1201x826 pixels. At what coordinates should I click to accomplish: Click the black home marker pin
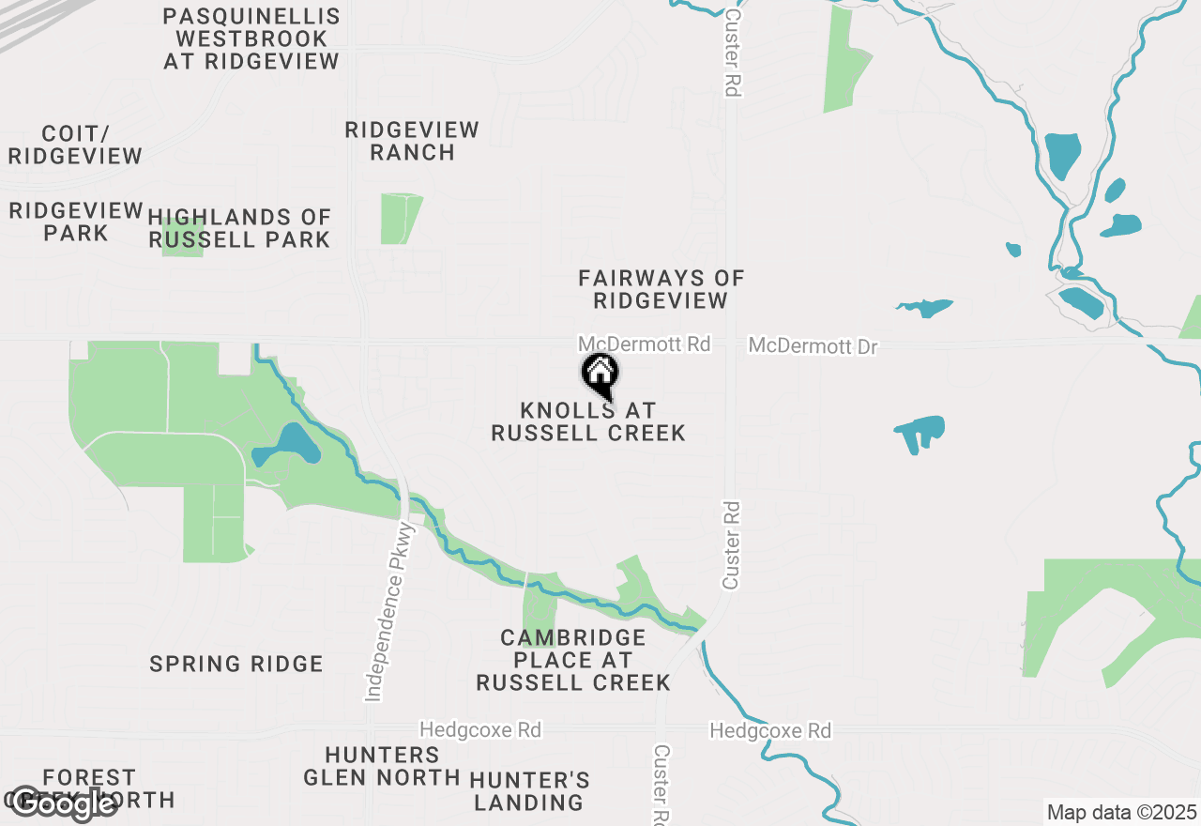click(600, 375)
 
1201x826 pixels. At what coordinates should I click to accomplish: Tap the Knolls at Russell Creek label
click(588, 421)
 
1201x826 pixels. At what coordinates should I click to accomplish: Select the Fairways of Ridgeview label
click(661, 289)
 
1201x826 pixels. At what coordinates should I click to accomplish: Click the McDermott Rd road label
click(644, 344)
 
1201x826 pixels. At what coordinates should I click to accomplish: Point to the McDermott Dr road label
click(813, 346)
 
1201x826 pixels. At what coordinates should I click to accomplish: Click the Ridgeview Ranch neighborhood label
click(412, 141)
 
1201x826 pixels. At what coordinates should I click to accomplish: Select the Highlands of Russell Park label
click(239, 228)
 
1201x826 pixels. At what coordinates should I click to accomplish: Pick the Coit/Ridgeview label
click(75, 145)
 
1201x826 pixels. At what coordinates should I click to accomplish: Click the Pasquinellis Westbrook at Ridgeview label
click(251, 38)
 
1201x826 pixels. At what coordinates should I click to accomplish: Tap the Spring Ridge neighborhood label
click(236, 664)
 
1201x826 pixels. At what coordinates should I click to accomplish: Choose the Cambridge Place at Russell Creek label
click(573, 660)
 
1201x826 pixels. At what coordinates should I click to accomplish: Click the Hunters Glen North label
click(382, 766)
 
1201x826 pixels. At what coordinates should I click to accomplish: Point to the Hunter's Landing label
click(529, 791)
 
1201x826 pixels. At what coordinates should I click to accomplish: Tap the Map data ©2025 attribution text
click(1121, 812)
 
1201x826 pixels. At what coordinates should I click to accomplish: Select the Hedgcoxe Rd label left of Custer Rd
click(480, 729)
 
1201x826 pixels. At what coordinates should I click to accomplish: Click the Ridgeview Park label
click(76, 221)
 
